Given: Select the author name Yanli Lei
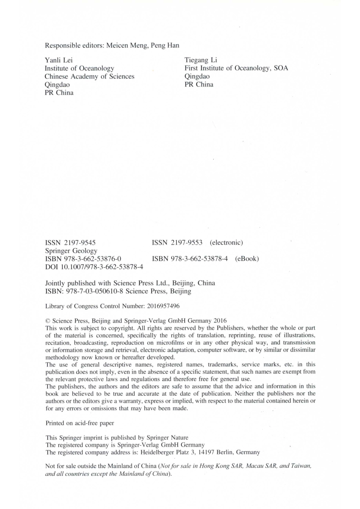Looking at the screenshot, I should pos(58,60).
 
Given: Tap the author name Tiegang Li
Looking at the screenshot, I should pos(201,60).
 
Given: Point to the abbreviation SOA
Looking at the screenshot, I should pos(281,68).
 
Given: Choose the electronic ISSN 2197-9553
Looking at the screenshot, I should pos(177,243).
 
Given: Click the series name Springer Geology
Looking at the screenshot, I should pos(71,251).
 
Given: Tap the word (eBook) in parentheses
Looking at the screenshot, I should pos(247,259).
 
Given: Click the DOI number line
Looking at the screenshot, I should pos(94,267).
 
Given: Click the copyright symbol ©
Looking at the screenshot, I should pos(47,320).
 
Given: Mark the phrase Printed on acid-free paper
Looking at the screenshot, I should pos(80,423).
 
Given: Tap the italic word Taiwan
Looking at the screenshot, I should pos(301,466).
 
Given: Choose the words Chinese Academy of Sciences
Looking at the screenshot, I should pos(89,77).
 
